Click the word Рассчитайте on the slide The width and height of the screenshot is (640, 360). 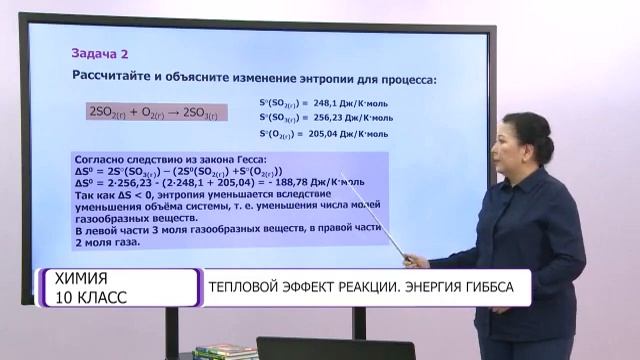tap(114, 76)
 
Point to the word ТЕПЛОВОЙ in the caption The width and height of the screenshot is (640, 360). tap(248, 287)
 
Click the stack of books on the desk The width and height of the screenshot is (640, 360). tap(226, 351)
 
